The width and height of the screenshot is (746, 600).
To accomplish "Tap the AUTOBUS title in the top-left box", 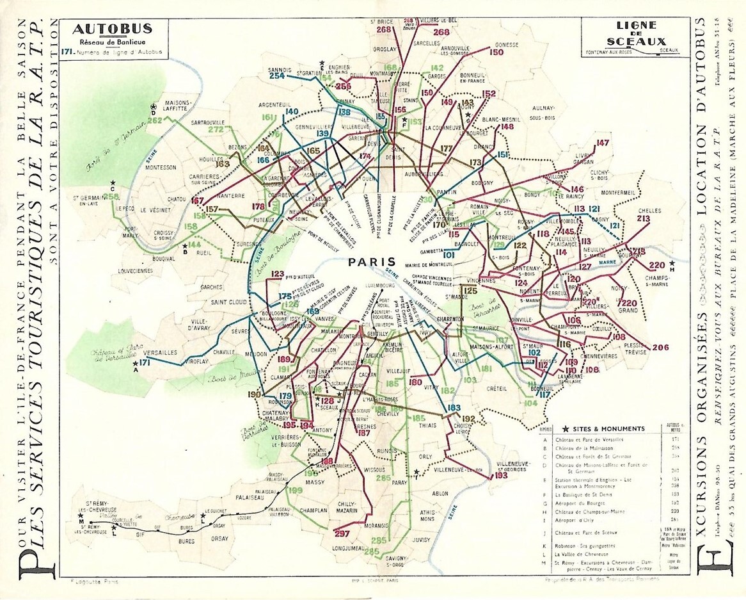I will [x=112, y=29].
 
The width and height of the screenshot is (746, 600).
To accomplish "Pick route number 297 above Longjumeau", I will [x=342, y=534].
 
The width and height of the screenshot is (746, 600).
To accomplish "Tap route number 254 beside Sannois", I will [x=276, y=76].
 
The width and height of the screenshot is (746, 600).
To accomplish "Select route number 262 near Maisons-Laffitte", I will [x=154, y=120].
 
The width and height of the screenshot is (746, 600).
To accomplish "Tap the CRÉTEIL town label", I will [x=496, y=389].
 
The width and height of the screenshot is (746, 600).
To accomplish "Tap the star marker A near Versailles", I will [x=136, y=364].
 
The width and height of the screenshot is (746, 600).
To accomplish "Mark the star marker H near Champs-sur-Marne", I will [x=672, y=264].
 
